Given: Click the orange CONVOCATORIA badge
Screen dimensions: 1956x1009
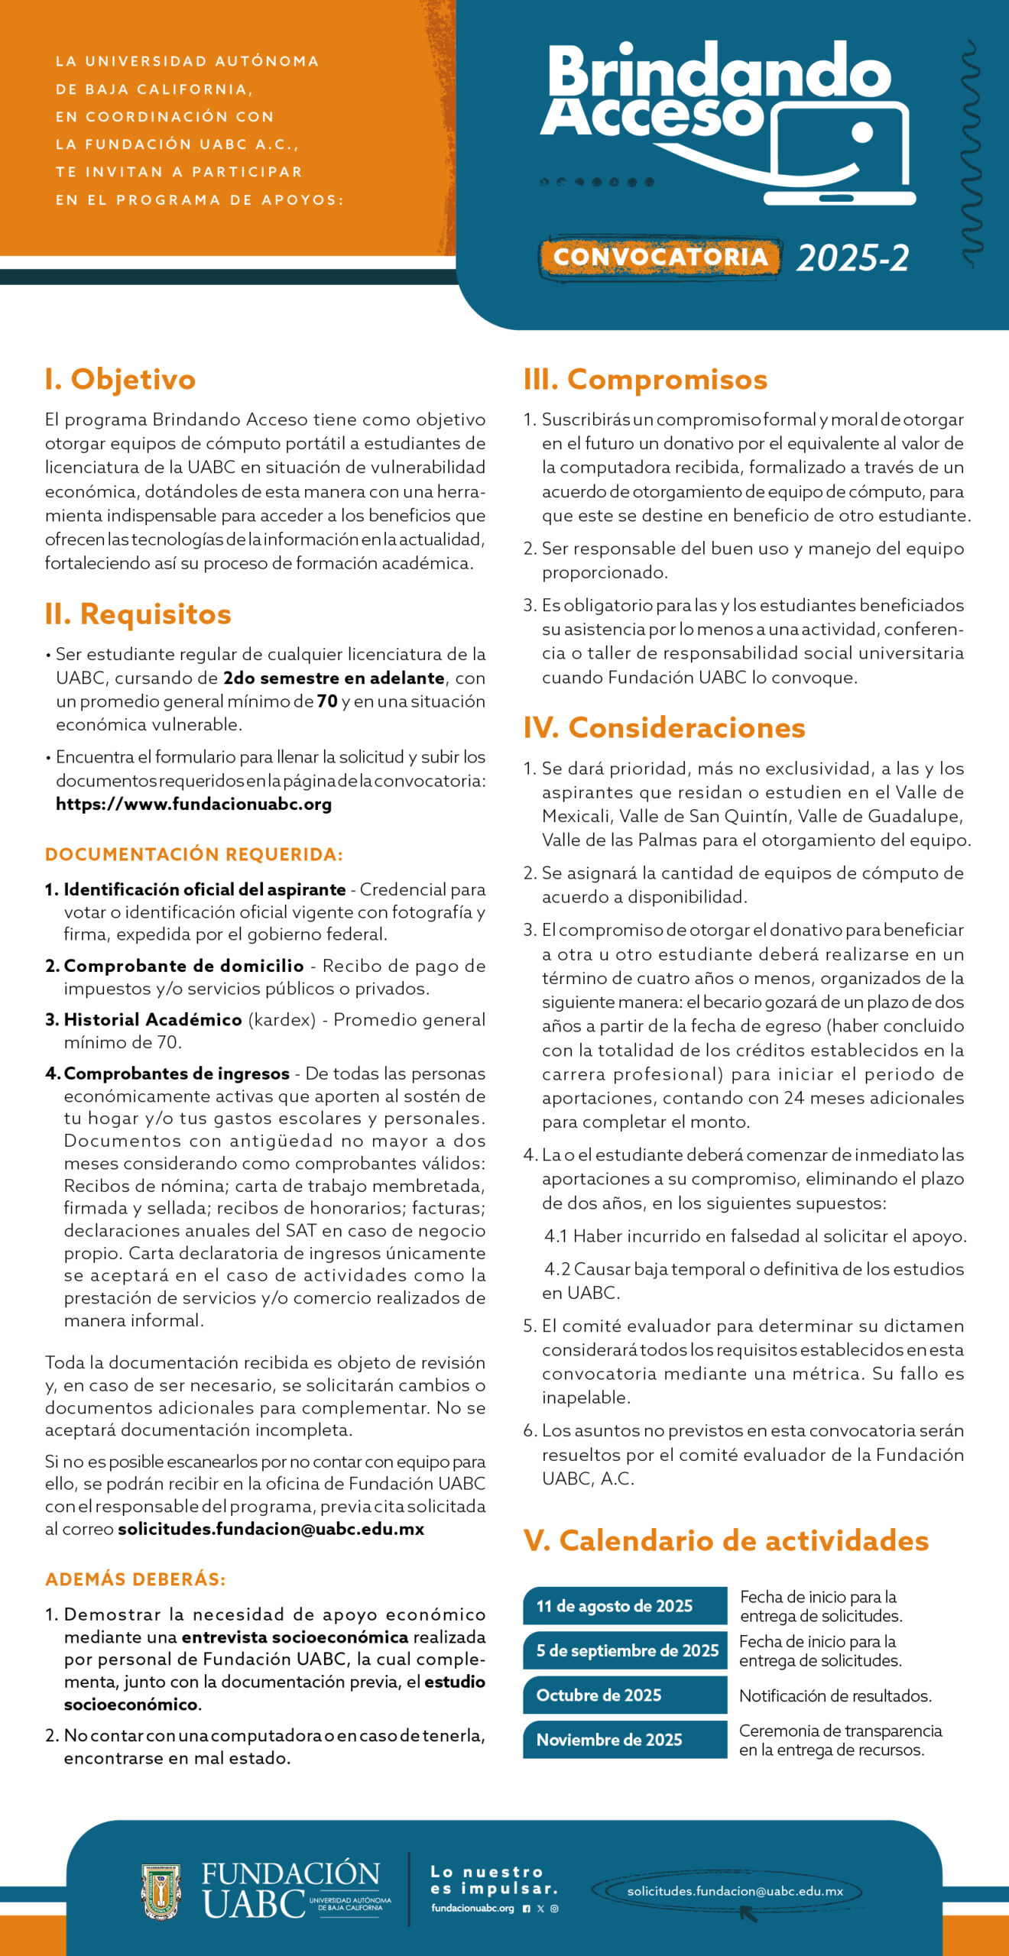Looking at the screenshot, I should [660, 257].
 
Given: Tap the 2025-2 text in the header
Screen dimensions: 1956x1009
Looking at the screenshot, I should [852, 258].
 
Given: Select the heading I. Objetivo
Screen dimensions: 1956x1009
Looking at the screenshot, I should [120, 380].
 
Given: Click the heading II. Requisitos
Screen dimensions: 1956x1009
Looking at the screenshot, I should [138, 614].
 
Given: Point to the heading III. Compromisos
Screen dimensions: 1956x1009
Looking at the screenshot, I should [645, 380].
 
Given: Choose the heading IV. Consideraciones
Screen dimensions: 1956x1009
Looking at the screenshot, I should [664, 728].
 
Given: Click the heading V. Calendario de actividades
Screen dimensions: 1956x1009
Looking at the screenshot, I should [725, 1541].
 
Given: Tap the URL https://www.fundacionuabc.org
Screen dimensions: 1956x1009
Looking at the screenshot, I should [193, 805].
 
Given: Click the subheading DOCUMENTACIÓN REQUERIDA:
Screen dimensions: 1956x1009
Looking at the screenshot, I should [194, 854].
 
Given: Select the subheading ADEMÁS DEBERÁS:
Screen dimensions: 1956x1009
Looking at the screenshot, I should [135, 1579].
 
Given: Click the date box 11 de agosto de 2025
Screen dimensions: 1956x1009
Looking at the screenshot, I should [625, 1606].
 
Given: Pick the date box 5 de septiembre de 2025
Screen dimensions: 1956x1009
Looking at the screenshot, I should [625, 1650].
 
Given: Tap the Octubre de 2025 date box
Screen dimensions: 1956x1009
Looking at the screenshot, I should [625, 1695].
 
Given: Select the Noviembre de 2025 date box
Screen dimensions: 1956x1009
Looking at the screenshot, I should [625, 1740].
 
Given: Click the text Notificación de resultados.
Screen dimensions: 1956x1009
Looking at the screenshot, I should [835, 1696].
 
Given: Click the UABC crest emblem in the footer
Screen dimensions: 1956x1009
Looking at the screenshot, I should [161, 1892].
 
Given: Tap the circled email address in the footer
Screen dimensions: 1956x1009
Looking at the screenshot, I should [735, 1892].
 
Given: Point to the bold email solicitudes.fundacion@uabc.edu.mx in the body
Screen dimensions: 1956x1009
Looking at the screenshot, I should [271, 1529].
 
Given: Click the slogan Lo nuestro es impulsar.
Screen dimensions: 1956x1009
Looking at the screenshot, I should [494, 1880].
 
